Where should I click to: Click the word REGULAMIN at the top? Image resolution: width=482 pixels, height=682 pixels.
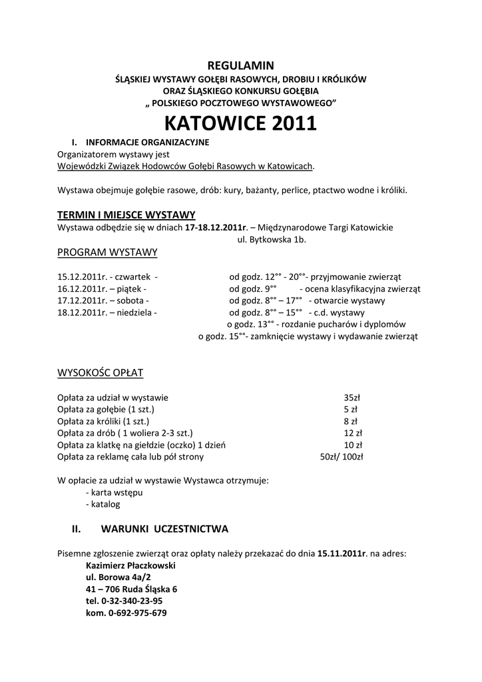[241, 65]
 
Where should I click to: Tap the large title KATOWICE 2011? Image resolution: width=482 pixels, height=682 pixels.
[240, 123]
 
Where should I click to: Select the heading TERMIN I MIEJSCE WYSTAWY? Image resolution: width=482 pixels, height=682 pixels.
[126, 214]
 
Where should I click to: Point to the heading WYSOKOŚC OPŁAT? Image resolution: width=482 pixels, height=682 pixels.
[101, 372]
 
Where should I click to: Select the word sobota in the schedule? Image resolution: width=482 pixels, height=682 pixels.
[132, 300]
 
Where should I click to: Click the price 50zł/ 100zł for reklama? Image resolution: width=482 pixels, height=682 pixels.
[342, 457]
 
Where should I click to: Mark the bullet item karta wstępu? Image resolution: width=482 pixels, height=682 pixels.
[115, 493]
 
